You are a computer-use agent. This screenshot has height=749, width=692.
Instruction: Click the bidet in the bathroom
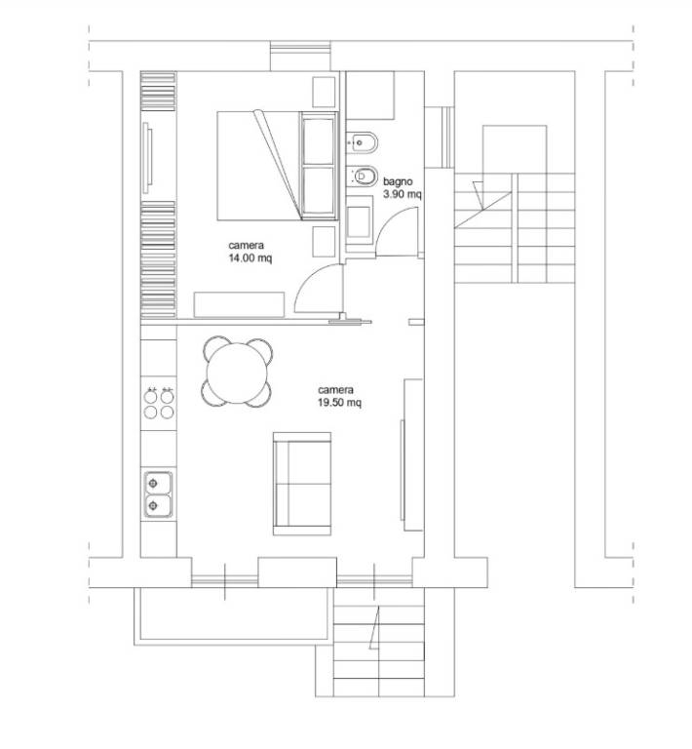coord(363,142)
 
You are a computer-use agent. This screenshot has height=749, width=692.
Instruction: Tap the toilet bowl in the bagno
coord(363,177)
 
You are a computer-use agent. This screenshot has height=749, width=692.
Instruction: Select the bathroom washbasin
coord(359,222)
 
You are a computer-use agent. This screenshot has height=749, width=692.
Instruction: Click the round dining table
coord(237,372)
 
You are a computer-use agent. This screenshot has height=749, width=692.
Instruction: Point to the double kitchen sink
coord(158,494)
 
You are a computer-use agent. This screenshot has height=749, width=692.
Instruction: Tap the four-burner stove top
coord(159,403)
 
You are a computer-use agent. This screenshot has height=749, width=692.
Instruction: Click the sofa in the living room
coord(302,484)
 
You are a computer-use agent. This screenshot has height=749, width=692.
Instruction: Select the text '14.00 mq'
coord(250,258)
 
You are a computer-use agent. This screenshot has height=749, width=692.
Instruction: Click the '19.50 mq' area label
coord(339,403)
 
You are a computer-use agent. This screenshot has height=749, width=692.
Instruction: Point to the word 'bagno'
coord(398,182)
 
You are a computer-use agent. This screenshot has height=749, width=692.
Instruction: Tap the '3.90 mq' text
coord(403,194)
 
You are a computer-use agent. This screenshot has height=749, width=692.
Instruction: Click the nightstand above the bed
coord(324,92)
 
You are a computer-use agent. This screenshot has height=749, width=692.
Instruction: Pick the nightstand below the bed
coord(324,241)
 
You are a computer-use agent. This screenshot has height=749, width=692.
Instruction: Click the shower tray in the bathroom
coord(369,95)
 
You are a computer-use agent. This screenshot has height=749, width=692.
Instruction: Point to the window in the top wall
coord(300,56)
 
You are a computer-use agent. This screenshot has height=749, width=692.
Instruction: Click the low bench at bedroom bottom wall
coord(239,304)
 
